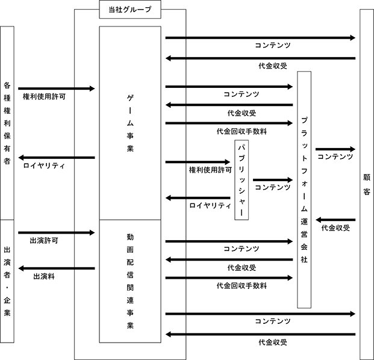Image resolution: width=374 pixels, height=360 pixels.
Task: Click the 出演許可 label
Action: point(44,241)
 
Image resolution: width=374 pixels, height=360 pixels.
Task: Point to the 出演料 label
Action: point(44,276)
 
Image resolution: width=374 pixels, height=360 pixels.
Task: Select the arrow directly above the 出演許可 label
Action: point(57,232)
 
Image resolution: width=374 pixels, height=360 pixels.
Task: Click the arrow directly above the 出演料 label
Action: point(57,268)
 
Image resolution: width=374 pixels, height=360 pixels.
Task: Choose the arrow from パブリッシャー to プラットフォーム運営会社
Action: point(273,180)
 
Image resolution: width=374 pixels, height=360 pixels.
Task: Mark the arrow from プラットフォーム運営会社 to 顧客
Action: point(335,149)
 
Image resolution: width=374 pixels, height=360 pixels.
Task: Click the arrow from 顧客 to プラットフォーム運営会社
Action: point(335,220)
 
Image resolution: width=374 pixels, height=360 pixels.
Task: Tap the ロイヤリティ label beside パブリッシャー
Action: point(210,205)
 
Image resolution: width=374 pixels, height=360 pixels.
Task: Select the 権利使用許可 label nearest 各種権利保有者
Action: point(44,96)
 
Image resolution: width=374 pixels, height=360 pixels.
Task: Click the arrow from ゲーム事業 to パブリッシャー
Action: point(198,162)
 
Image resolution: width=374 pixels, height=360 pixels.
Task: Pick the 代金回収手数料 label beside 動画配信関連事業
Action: point(242,285)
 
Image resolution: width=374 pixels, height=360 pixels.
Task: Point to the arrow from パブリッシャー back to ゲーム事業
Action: point(198,198)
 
